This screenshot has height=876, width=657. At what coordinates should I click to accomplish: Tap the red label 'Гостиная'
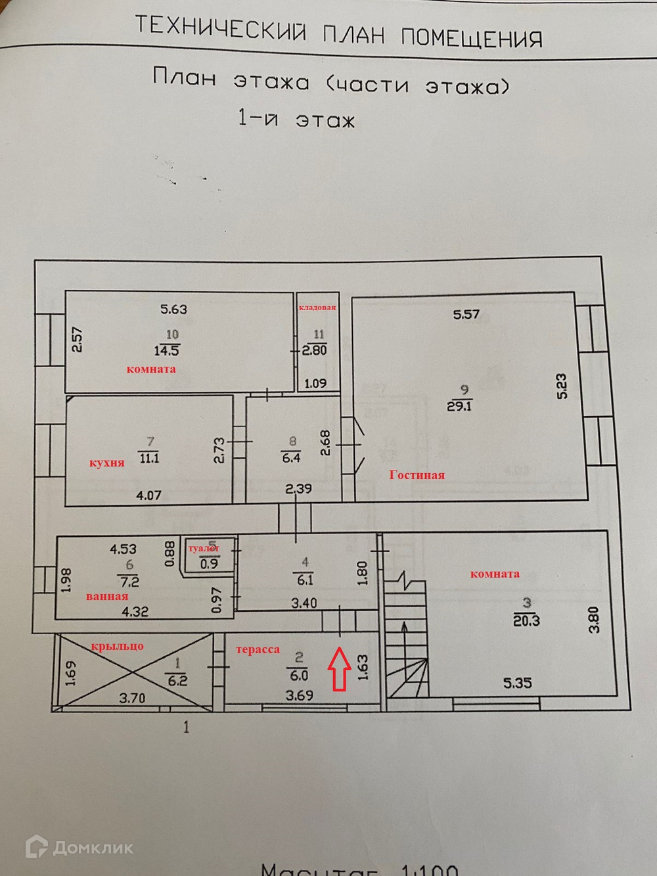417,475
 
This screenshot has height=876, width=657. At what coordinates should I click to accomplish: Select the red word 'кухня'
106,463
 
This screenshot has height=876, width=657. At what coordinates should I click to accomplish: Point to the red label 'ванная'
107,597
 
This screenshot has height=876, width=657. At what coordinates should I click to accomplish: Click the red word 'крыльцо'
117,646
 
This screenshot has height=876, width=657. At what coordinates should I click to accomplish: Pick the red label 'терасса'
258,650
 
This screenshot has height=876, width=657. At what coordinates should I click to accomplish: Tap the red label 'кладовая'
317,308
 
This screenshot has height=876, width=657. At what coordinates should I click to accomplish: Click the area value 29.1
459,406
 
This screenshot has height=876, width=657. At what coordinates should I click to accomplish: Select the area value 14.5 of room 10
166,351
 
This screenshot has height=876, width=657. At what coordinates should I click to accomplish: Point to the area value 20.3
526,620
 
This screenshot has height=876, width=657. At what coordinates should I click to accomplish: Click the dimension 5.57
466,315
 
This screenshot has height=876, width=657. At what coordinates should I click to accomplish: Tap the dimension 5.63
173,309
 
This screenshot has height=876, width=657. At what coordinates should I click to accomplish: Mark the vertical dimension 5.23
561,386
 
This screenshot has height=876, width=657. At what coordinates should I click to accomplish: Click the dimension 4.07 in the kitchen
148,496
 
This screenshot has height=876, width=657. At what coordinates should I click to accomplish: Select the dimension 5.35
517,683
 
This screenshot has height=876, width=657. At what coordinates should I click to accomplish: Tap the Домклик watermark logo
79,848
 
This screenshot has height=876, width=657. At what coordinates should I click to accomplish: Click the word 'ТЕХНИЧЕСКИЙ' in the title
221,28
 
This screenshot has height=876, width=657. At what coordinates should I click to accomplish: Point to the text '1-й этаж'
296,120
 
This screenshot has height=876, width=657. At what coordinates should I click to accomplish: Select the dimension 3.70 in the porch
132,698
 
